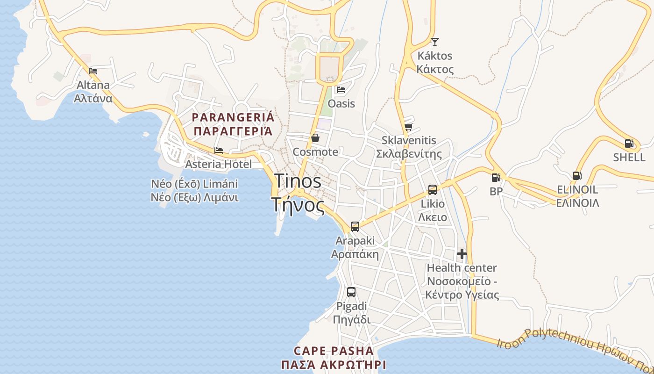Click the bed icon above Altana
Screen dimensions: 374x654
[x=93, y=71]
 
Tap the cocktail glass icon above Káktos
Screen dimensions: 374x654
[x=435, y=42]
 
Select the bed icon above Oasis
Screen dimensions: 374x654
[x=341, y=90]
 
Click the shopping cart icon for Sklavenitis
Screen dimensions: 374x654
[x=409, y=127]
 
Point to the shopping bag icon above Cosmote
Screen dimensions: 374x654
[x=315, y=138]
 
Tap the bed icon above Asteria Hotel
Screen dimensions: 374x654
[x=218, y=151]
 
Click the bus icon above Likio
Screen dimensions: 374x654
[x=433, y=190]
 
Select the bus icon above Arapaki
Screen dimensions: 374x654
[x=355, y=227]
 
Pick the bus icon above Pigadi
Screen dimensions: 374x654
[x=351, y=292]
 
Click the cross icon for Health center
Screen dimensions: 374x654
[x=462, y=254]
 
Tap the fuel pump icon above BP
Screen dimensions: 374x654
[x=496, y=178]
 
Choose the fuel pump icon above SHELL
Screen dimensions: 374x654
[x=629, y=144]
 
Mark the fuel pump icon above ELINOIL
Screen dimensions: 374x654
[x=577, y=176]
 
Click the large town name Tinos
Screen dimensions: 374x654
[x=298, y=181]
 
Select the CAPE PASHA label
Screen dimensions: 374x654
[x=334, y=351]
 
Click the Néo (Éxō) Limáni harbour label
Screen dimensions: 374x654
[x=194, y=184]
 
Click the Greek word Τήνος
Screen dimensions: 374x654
[x=298, y=205]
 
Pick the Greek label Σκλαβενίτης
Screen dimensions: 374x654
[x=409, y=154]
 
